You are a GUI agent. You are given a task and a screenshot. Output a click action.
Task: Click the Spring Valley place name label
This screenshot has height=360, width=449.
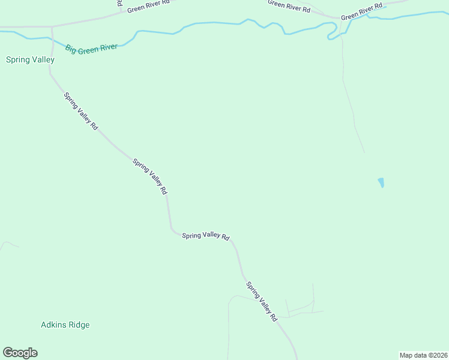click(30, 60)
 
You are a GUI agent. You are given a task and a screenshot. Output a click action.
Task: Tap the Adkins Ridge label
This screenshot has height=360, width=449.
click(65, 325)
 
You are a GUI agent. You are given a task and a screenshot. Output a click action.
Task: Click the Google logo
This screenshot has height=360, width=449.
click(20, 353)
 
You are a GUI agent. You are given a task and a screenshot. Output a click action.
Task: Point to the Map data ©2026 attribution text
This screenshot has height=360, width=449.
click(423, 355)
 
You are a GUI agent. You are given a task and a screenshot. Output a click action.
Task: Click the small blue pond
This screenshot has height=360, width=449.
click(381, 182)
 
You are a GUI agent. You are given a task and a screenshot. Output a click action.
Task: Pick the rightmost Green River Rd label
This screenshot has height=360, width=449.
click(361, 11)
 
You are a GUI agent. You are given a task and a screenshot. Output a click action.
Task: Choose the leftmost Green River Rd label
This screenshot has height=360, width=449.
click(148, 6)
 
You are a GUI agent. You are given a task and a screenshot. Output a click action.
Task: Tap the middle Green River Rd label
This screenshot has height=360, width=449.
click(289, 6)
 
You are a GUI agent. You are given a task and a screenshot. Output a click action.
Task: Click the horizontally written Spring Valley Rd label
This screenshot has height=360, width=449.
click(206, 236)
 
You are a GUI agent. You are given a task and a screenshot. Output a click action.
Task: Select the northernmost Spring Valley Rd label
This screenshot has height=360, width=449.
click(80, 111)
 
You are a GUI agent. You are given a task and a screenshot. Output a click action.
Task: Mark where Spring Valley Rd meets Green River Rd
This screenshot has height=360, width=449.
click(52, 27)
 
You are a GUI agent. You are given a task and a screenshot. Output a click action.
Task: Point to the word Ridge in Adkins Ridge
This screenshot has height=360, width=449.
click(79, 325)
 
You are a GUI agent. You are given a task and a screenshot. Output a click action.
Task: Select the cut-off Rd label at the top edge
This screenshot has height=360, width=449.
click(120, 3)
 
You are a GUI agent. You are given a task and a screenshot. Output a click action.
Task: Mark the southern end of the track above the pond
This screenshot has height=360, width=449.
click(364, 151)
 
